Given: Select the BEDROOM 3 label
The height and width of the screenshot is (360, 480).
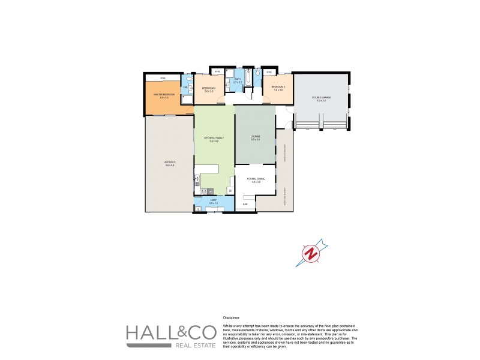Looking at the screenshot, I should point(278,88).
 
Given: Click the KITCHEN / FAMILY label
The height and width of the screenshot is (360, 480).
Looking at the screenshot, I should point(214,138).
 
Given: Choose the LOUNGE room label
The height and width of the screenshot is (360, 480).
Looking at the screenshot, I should point(255,137).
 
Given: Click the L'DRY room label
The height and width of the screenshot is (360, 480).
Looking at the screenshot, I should point(213,200).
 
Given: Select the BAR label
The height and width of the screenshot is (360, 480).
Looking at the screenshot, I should point(245,205).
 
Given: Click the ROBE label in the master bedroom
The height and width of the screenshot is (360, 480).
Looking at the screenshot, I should point(163,79).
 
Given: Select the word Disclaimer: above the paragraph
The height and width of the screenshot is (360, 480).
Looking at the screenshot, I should point(231,317).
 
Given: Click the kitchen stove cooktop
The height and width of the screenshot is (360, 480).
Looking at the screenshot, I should point(196,178).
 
